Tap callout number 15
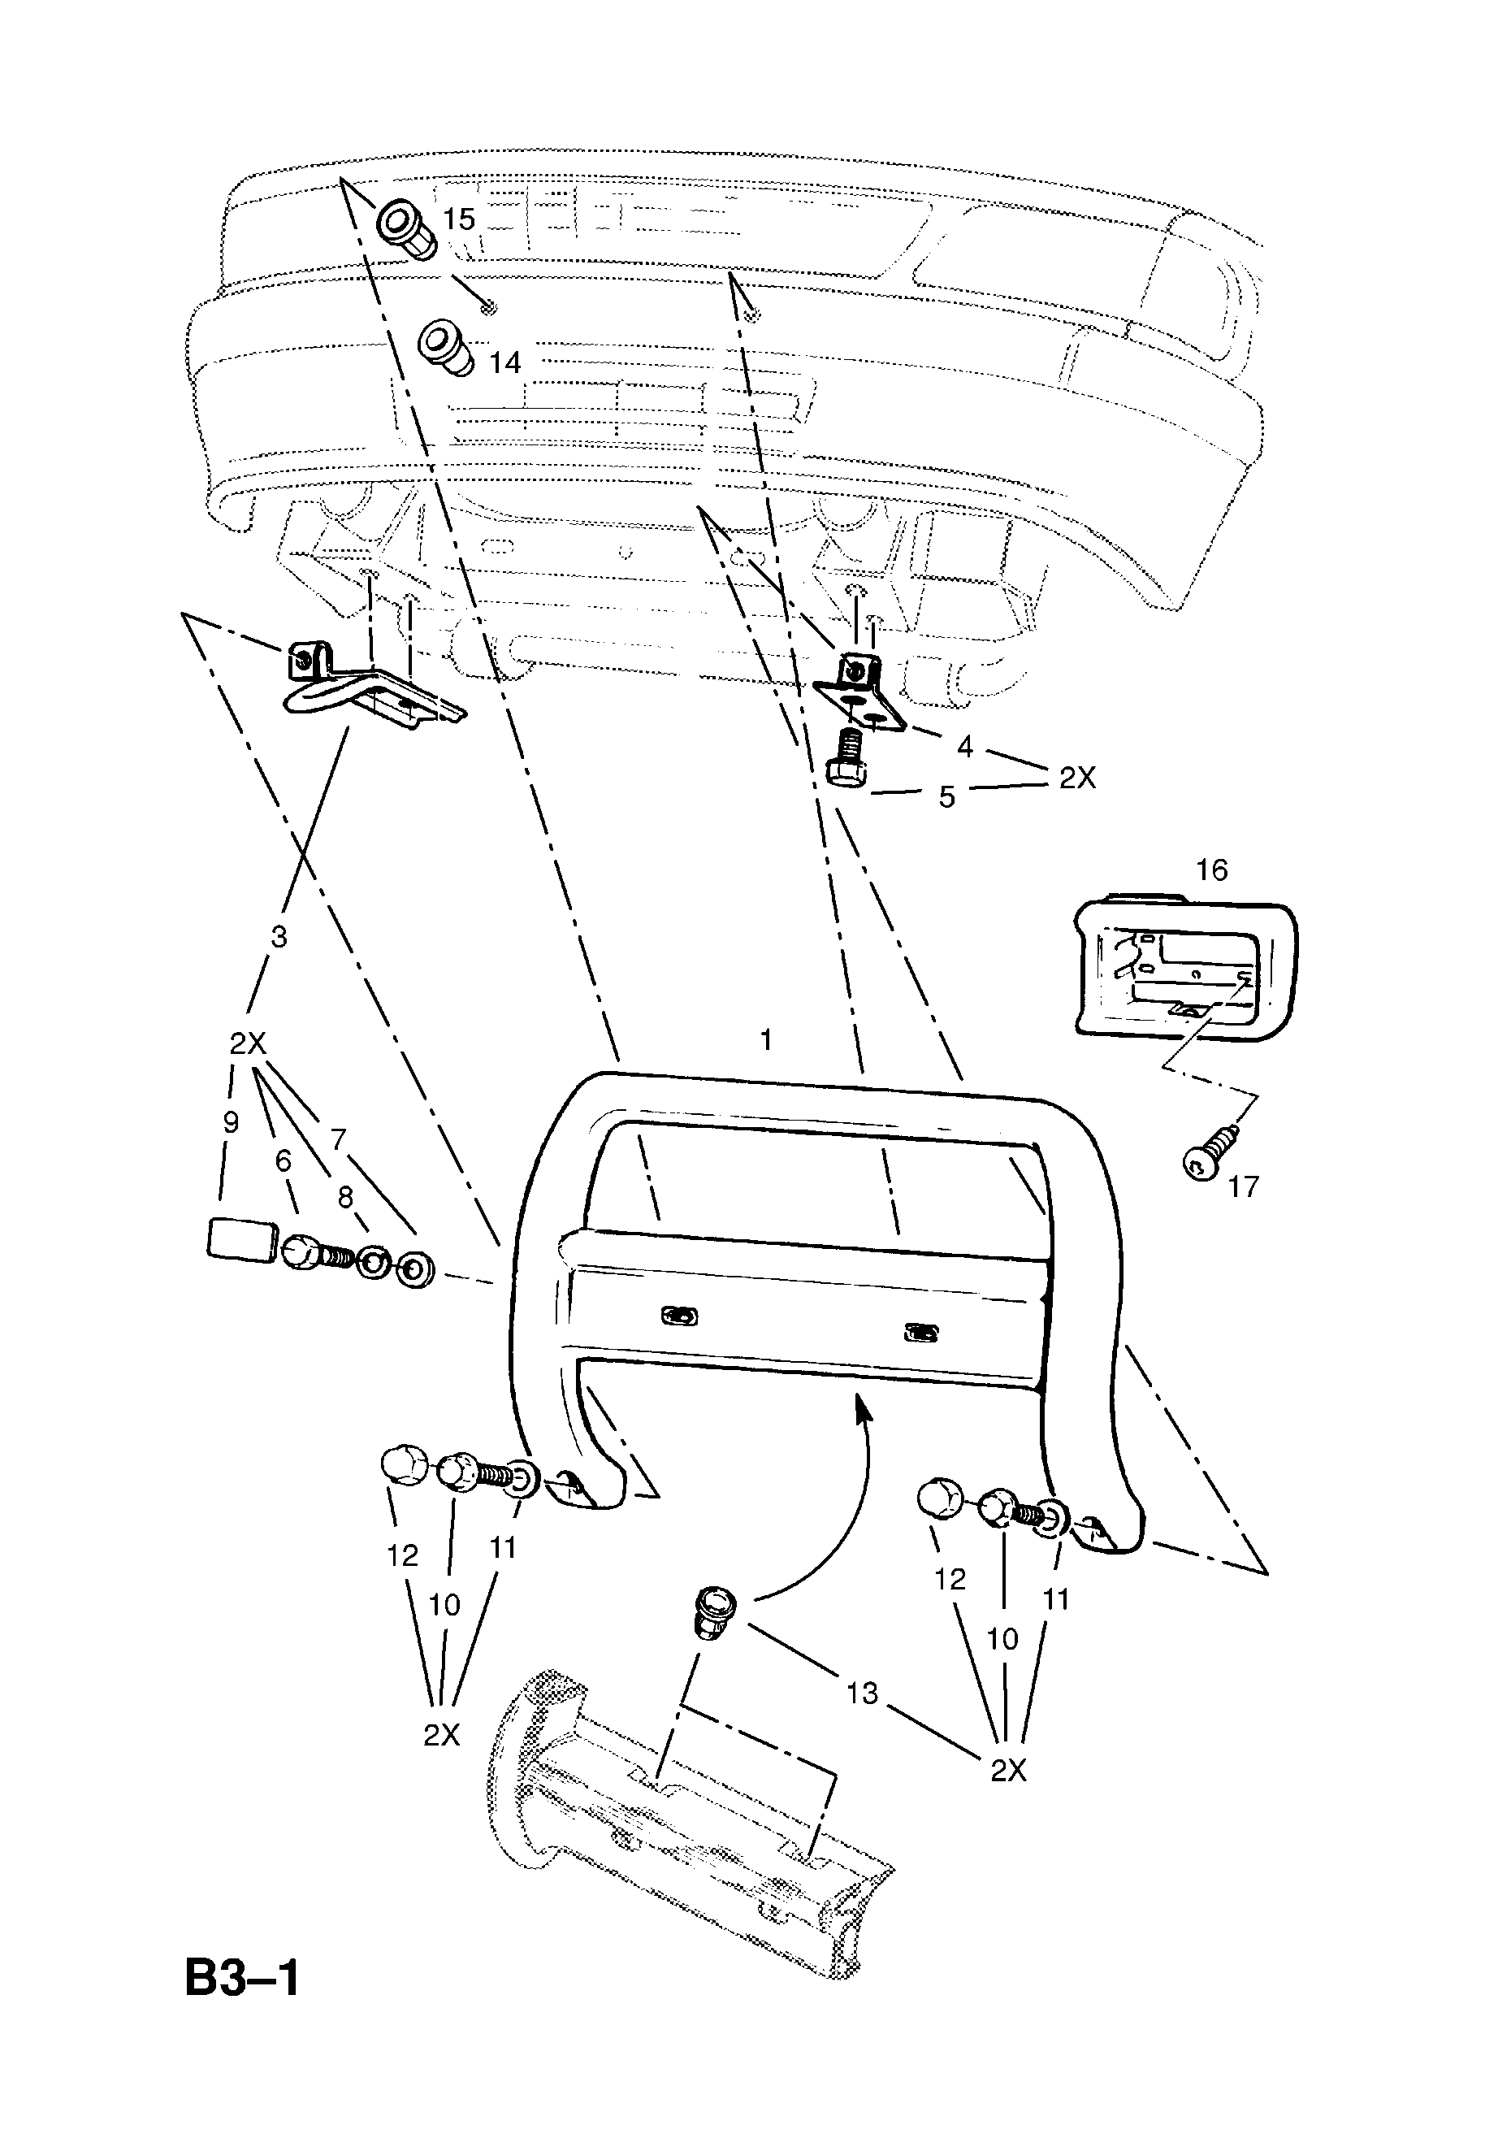point(458,219)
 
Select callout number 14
point(504,362)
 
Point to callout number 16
point(1211,870)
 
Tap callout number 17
point(1243,1186)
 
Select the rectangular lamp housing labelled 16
point(1185,969)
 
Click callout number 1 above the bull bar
point(766,1040)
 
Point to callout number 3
point(279,937)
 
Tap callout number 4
point(964,747)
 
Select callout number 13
point(862,1693)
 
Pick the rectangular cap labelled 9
point(242,1241)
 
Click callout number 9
point(231,1122)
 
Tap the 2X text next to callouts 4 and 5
point(1077,778)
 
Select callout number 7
point(338,1138)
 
